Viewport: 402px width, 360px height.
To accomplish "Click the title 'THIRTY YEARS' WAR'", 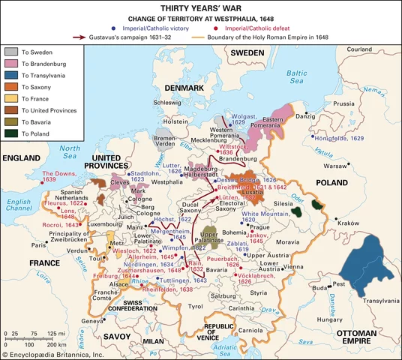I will [200, 8].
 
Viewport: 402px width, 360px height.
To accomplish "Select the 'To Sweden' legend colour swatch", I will [12, 52].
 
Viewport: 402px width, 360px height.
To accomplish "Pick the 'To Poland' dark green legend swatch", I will [12, 133].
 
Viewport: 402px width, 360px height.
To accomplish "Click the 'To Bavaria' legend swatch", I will [12, 120].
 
